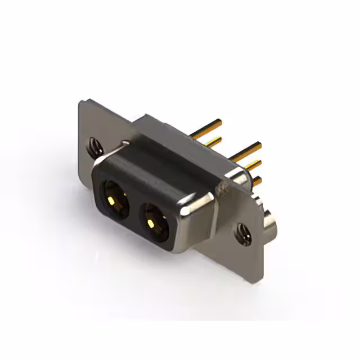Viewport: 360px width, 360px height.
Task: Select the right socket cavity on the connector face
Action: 154,218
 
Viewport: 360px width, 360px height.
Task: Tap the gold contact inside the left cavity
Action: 114,201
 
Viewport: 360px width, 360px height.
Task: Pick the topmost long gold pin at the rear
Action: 206,129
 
